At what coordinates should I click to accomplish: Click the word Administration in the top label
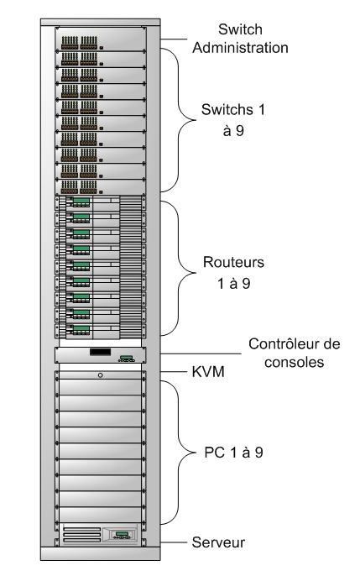coord(240,48)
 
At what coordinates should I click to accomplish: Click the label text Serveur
coord(218,542)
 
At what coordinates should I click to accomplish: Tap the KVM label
coord(208,372)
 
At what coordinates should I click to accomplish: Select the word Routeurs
coord(234,262)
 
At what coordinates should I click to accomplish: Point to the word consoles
coord(294,362)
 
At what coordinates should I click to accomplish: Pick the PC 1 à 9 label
coord(234,453)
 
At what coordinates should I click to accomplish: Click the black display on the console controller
coord(100,352)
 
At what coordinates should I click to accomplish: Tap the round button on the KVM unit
coord(100,375)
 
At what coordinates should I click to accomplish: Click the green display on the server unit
coord(122,533)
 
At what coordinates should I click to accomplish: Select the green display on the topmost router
coord(81,200)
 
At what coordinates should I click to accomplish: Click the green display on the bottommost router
coord(81,328)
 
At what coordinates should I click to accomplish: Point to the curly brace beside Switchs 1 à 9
coord(179,120)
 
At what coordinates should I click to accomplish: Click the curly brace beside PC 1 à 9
coord(179,453)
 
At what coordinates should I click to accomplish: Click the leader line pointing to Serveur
coord(174,542)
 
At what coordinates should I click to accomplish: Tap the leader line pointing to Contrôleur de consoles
coord(201,354)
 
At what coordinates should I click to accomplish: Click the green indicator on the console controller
coord(127,357)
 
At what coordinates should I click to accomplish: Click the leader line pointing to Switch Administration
coord(174,39)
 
